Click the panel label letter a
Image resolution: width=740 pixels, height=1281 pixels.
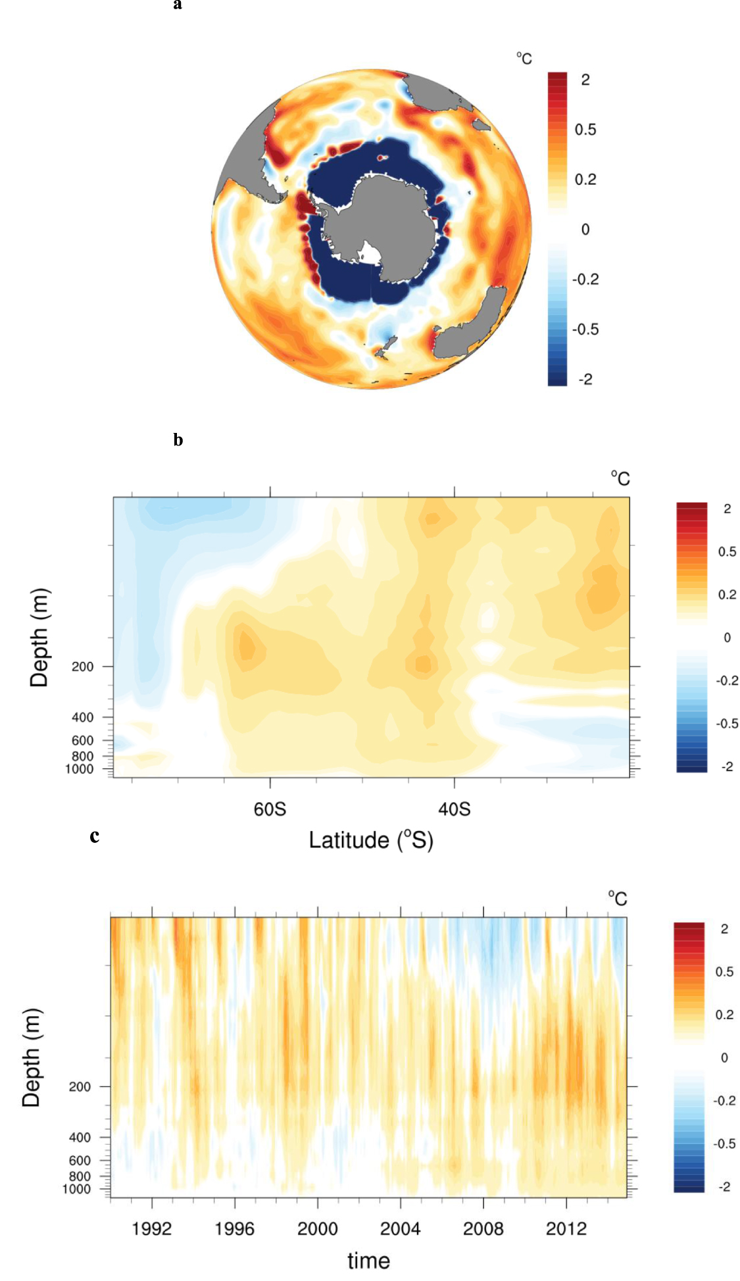[x=178, y=5]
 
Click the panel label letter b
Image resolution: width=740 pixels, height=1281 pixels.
[x=178, y=440]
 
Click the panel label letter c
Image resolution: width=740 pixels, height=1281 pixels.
[x=95, y=836]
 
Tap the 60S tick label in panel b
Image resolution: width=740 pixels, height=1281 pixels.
[x=270, y=809]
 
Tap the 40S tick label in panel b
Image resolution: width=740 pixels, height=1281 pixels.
[x=455, y=809]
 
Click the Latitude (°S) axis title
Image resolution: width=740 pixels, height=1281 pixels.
[x=371, y=840]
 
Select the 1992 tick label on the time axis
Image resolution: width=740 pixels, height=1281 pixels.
[x=152, y=1228]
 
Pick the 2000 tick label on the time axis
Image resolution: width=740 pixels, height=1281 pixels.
[x=318, y=1228]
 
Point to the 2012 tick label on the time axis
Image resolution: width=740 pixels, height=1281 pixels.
[x=566, y=1228]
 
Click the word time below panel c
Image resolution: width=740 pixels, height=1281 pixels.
[x=368, y=1261]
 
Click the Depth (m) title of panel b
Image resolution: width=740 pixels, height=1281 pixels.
[x=39, y=637]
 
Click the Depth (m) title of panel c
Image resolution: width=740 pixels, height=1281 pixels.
[x=31, y=1057]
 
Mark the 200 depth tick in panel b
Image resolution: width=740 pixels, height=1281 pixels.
[x=83, y=666]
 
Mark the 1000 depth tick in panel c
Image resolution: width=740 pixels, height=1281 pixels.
[x=76, y=1189]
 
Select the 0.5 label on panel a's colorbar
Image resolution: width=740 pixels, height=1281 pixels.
[x=585, y=130]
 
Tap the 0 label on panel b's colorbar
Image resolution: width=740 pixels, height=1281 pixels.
[x=727, y=638]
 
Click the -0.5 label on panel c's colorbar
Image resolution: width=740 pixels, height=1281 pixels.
[x=724, y=1143]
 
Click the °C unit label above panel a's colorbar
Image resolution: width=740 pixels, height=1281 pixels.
[x=524, y=59]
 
